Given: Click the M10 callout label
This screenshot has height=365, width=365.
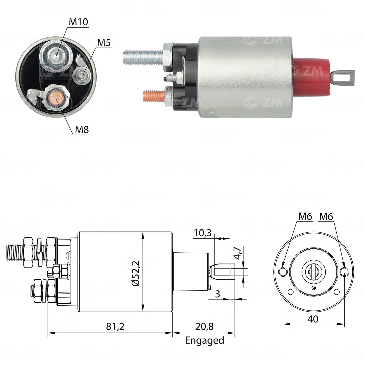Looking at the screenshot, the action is pos(78,22).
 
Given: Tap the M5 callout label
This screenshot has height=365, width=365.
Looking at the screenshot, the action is pos(104,43).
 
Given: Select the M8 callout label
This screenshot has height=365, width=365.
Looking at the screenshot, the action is pos(82,130).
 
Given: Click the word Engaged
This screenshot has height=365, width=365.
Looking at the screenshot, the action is pos(204,340).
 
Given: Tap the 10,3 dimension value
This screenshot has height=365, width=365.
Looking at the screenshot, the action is pos(202,233).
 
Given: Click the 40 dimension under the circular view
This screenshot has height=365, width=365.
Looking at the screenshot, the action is pos(313,319).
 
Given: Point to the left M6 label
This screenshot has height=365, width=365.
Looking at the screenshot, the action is pos(305,216).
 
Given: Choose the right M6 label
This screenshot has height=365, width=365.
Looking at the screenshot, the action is pos(326,216).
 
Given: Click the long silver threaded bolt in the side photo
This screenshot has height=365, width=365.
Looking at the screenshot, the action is pos(143,57).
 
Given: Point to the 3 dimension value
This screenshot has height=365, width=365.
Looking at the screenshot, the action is pos(218,294).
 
